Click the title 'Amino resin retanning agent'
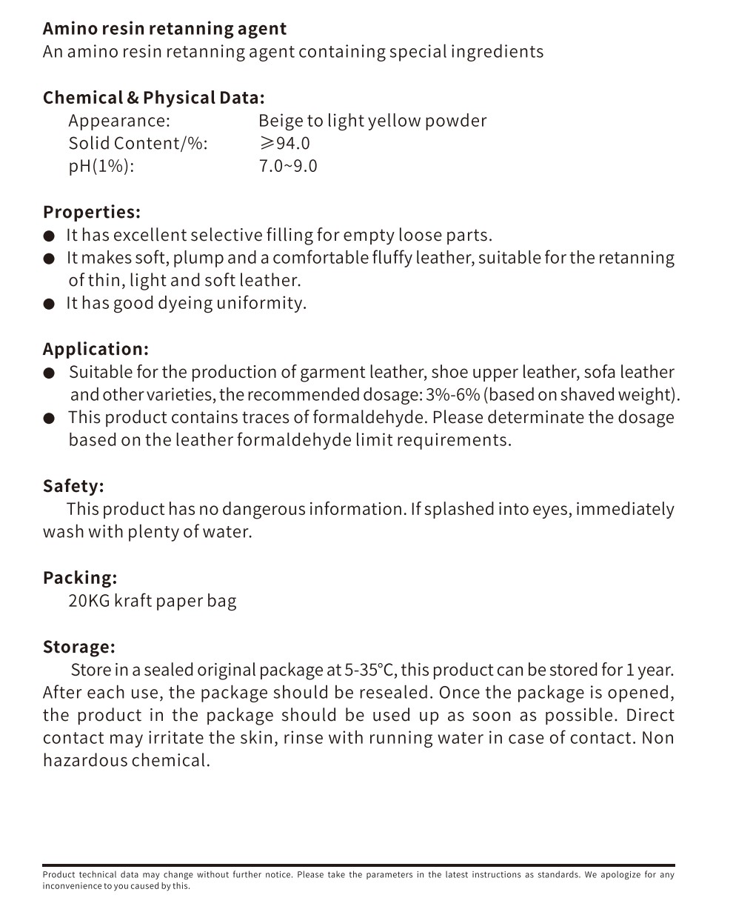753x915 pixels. tap(164, 29)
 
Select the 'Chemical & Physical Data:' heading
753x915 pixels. tap(153, 98)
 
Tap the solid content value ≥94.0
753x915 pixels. tap(284, 143)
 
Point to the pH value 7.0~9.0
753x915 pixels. tap(287, 166)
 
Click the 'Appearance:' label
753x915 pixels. tap(119, 121)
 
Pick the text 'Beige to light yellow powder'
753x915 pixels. tap(372, 121)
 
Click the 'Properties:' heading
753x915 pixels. tap(91, 212)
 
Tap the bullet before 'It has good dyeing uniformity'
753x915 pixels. tap(49, 304)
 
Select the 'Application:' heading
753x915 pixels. tap(96, 349)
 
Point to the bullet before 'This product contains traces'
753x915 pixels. tap(49, 419)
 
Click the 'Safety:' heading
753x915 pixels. tap(73, 486)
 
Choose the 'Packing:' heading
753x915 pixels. tap(80, 578)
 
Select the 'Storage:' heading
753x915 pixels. tap(79, 647)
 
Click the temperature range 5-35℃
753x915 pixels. tap(371, 671)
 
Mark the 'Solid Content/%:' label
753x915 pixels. tap(138, 143)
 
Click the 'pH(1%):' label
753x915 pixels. tap(101, 166)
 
